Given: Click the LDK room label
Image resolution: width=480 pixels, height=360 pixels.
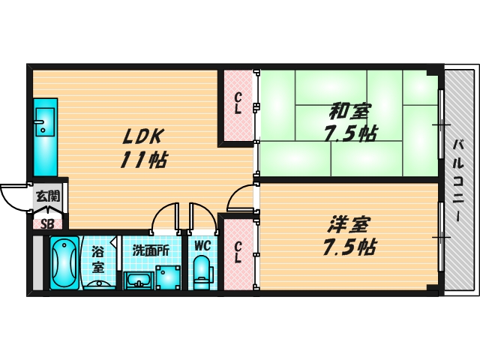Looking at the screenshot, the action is click(142, 136).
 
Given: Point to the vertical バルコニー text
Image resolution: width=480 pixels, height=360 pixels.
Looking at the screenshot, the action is click(458, 180).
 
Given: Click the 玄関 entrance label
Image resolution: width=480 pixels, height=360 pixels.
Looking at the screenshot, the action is click(48, 196).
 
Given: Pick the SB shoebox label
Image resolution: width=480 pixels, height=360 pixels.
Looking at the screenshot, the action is click(47, 224).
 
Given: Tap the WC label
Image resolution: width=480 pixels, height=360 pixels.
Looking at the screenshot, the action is click(202, 245).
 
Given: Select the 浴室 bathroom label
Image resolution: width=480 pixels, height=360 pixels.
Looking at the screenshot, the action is click(98, 259).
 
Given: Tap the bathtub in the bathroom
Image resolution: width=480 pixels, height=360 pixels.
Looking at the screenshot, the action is click(64, 263).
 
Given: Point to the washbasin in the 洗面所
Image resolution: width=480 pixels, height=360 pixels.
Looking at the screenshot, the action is click(139, 280).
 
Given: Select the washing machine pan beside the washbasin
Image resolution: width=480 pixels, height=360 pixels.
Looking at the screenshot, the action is click(168, 277).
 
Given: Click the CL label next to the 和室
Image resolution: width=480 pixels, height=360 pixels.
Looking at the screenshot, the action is click(238, 103).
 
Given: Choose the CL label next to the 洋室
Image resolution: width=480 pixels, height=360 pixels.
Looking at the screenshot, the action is click(238, 253).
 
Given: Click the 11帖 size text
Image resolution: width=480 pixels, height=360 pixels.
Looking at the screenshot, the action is click(143, 160).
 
